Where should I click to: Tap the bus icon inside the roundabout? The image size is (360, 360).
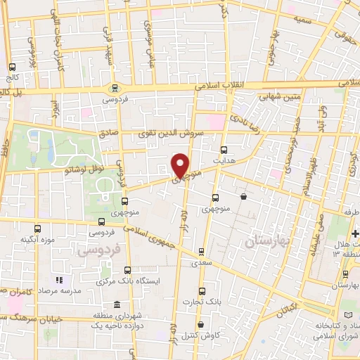pyautogui.click(x=114, y=88)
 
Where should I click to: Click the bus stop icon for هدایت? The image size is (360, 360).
pyautogui.click(x=224, y=150)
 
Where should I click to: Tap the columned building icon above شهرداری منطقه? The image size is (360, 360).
pyautogui.click(x=116, y=304)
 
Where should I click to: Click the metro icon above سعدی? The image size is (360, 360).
pyautogui.click(x=202, y=251)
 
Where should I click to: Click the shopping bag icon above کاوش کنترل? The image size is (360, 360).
pyautogui.click(x=202, y=325)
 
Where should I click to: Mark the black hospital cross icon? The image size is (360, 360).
pyautogui.click(x=355, y=233)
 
